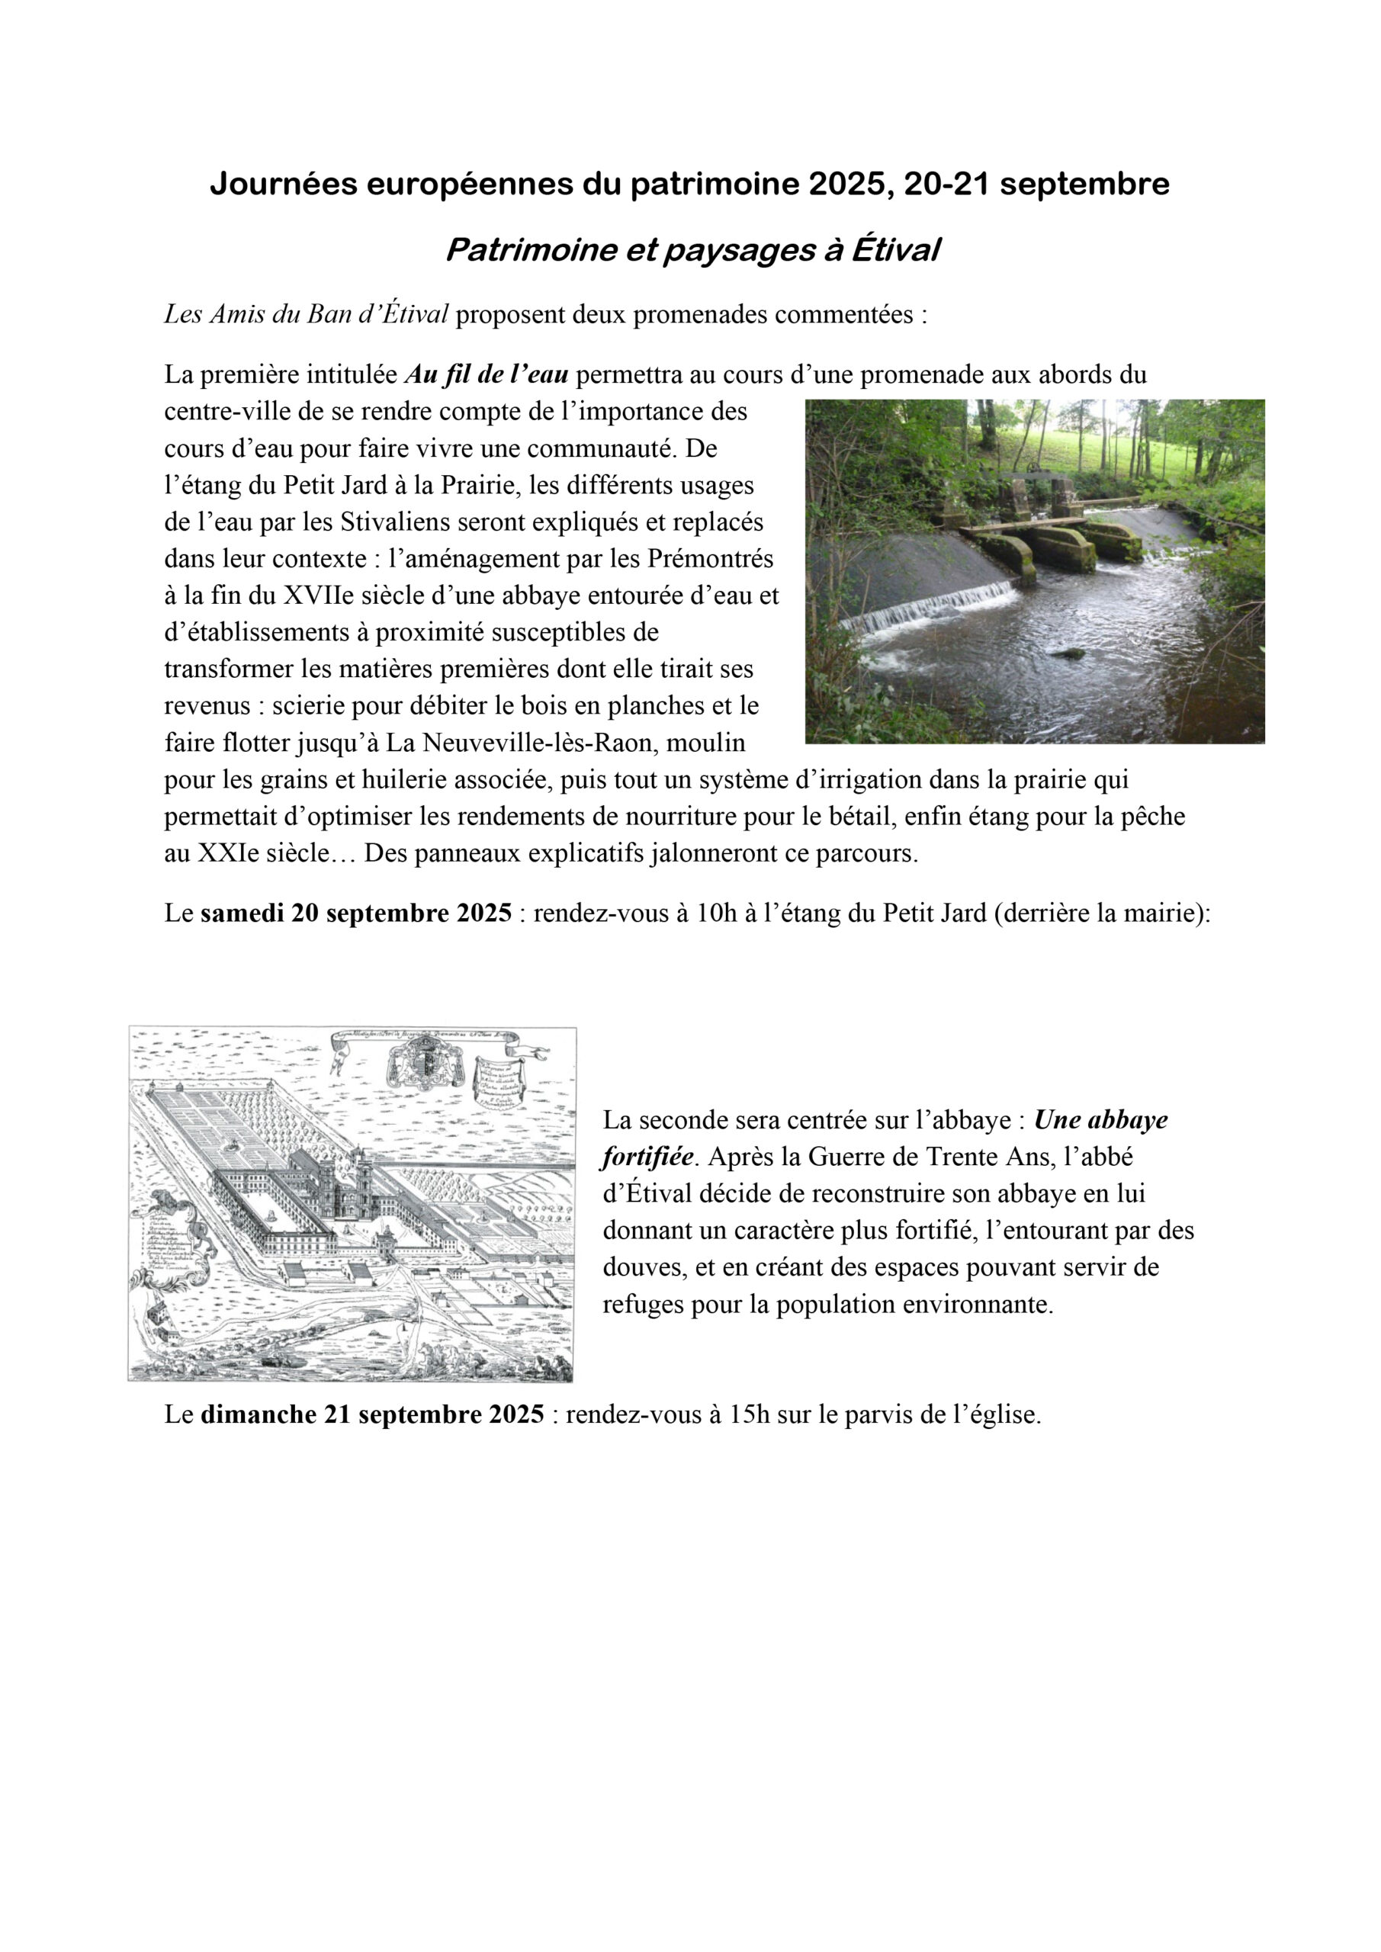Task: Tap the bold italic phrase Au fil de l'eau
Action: point(487,374)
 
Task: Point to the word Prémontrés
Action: point(710,559)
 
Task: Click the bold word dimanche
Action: point(259,1414)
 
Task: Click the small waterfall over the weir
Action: point(927,605)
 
